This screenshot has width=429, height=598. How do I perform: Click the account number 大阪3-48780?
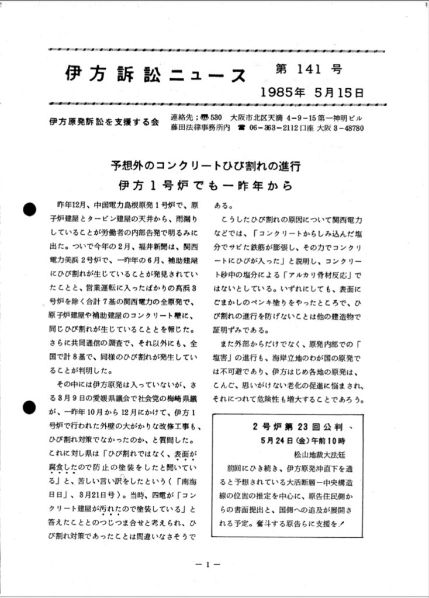[341, 128]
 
